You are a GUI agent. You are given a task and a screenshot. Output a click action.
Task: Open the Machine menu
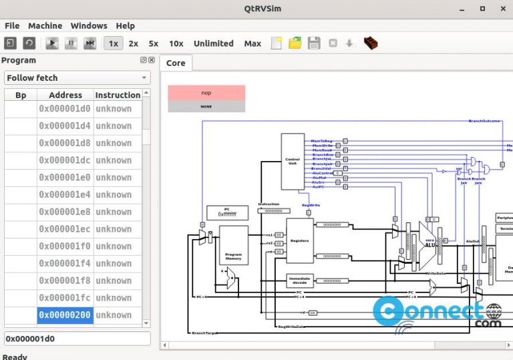point(45,25)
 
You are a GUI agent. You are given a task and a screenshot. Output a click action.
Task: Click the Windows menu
point(89,25)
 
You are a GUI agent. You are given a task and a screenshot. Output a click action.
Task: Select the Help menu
point(125,25)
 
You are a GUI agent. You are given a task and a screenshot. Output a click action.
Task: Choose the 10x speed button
point(176,43)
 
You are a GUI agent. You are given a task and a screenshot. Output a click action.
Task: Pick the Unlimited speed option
point(213,43)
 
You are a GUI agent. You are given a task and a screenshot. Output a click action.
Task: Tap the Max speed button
point(252,43)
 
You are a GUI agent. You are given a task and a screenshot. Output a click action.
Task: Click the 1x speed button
point(114,43)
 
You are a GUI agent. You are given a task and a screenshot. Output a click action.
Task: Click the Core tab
point(176,63)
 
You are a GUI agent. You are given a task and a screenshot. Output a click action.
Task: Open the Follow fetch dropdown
point(77,78)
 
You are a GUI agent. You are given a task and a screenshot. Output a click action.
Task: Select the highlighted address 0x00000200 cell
point(65,315)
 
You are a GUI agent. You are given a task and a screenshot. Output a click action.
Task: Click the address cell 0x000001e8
point(65,212)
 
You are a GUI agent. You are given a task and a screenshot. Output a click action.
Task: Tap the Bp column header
point(21,96)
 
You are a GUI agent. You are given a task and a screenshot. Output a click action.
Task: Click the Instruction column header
point(118,96)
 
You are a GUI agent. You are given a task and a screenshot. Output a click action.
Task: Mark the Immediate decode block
point(299,281)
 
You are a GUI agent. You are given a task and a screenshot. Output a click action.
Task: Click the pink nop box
point(206,93)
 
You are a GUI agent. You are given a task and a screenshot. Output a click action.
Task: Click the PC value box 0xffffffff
point(227,214)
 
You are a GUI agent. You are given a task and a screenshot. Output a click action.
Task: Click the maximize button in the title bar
point(482,9)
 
